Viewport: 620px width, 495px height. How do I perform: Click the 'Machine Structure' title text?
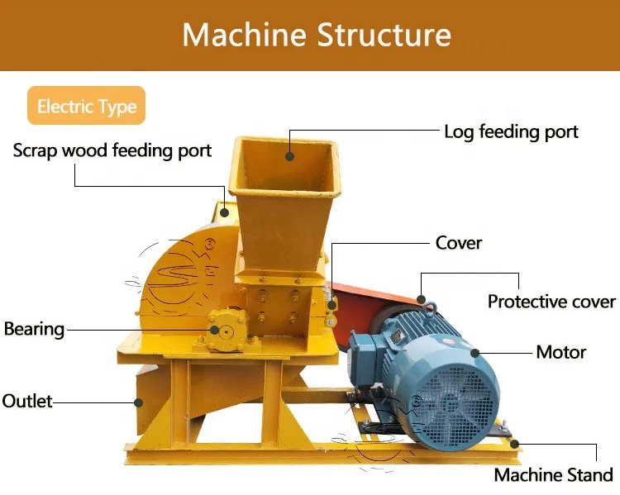click(317, 35)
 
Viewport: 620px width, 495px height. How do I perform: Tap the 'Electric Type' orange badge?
click(86, 107)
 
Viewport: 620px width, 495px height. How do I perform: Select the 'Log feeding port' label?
click(511, 131)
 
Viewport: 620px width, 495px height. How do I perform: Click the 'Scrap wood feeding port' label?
click(112, 150)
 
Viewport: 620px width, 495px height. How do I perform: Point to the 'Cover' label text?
click(459, 243)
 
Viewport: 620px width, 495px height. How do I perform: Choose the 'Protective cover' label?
click(551, 302)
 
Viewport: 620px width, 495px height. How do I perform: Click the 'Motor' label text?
click(560, 352)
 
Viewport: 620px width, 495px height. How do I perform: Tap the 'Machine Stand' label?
click(553, 475)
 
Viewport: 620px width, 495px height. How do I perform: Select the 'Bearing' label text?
click(34, 329)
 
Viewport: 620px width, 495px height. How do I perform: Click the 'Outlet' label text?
click(27, 402)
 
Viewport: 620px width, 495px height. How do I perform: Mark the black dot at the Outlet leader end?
click(139, 402)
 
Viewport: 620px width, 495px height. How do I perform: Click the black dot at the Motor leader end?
click(475, 353)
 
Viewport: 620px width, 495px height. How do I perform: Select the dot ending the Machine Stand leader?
click(516, 445)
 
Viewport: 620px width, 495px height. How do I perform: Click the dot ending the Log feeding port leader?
click(290, 155)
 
